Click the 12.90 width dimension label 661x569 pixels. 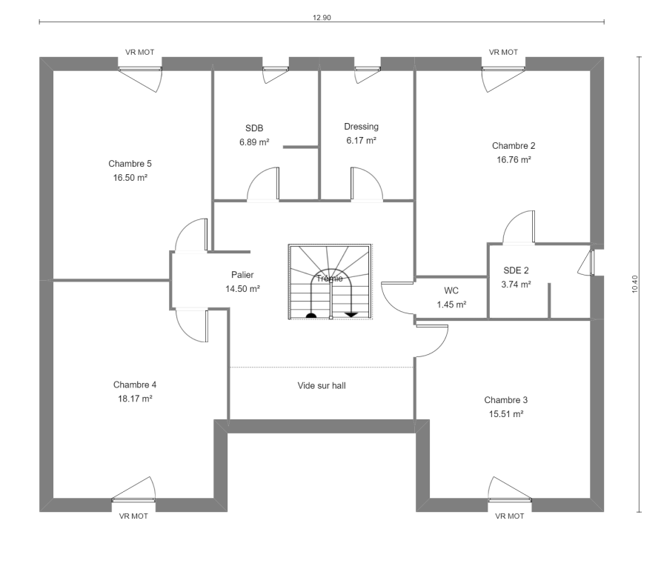pos(322,18)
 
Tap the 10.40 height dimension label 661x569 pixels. pos(635,284)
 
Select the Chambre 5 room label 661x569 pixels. pos(130,164)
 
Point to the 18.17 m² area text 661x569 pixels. pos(135,399)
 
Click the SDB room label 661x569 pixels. pos(254,128)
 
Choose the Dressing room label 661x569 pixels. pos(362,127)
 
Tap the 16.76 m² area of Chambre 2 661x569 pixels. pos(514,159)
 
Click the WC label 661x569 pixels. pos(451,290)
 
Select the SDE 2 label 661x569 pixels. pos(516,270)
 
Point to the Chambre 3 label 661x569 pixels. pos(506,399)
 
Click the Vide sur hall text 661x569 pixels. pos(322,385)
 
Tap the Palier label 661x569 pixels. pos(242,275)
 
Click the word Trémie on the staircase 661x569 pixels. pos(330,278)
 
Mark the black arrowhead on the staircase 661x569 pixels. pos(351,314)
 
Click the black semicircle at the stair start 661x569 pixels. pos(311,316)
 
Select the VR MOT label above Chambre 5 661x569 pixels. pos(140,53)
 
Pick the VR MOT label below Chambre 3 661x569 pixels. pos(510,516)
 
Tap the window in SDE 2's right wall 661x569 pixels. pos(592,263)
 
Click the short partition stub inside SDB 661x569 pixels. pos(301,147)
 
